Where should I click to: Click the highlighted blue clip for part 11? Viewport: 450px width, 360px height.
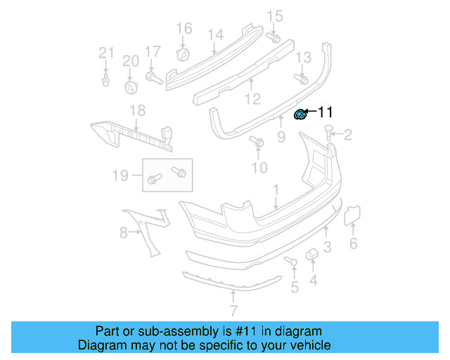click(x=300, y=115)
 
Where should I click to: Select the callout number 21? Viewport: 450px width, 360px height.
click(x=105, y=53)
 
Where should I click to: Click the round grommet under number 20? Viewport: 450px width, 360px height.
click(x=131, y=86)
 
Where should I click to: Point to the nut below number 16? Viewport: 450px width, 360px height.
click(x=183, y=56)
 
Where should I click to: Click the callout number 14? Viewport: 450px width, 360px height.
click(x=215, y=35)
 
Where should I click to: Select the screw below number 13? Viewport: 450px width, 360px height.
click(x=303, y=79)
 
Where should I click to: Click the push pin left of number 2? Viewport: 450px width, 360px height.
click(x=328, y=131)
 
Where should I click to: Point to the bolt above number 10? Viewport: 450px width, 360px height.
click(x=258, y=143)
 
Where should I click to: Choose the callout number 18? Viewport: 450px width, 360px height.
click(x=137, y=110)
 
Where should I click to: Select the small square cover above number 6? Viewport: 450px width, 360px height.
click(x=352, y=214)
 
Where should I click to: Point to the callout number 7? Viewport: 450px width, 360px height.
click(x=233, y=310)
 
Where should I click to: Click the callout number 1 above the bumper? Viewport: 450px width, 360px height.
click(x=276, y=189)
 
